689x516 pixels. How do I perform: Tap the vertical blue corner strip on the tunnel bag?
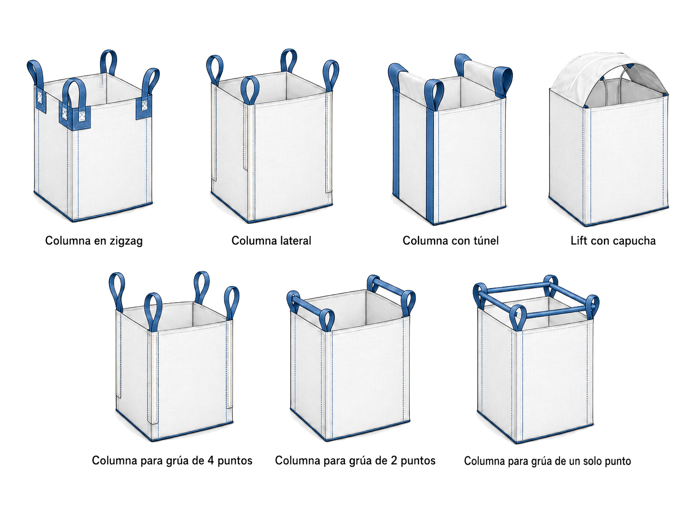click(x=430, y=163)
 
